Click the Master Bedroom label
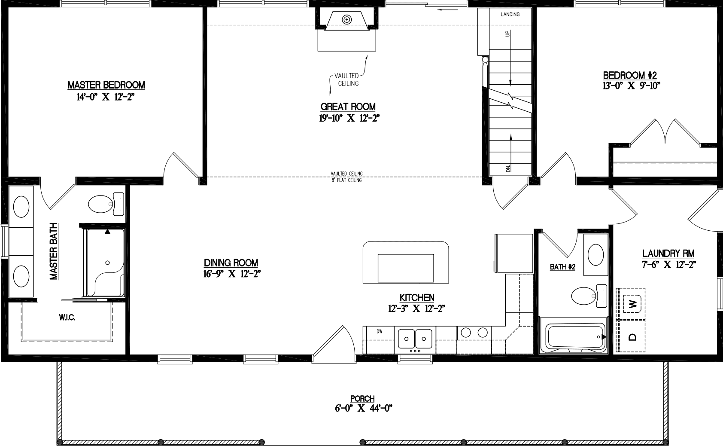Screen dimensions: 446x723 [x=106, y=85]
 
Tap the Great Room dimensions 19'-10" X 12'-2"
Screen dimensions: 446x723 [x=349, y=118]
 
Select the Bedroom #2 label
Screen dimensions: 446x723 [x=630, y=75]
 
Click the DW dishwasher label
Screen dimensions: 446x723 [x=379, y=331]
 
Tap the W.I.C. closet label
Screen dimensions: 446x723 [x=67, y=318]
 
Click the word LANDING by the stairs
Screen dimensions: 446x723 [x=510, y=14]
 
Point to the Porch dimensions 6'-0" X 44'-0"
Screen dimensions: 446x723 [x=363, y=409]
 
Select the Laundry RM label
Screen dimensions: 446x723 [x=668, y=254]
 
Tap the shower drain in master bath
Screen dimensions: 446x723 [x=107, y=263]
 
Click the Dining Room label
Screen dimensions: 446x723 [x=231, y=263]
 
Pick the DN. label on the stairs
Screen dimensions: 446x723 [x=508, y=168]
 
